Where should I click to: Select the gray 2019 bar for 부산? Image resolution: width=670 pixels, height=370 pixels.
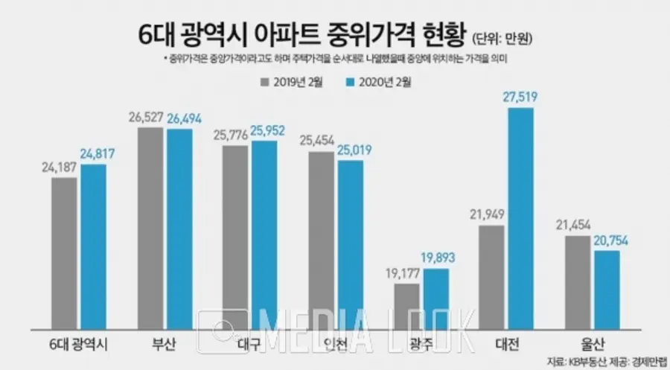click(x=150, y=226)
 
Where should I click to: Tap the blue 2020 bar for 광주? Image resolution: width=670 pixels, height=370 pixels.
click(x=435, y=296)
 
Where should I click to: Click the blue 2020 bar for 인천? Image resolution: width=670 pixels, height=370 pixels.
click(x=351, y=242)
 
